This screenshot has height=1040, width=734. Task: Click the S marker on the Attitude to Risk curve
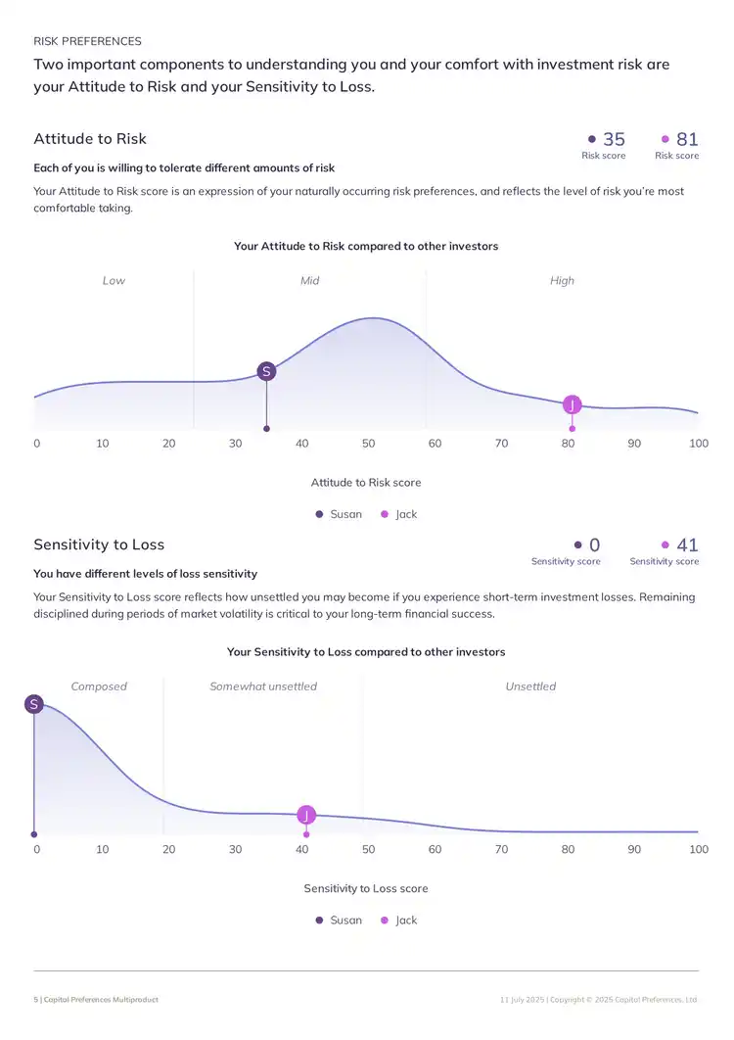pos(266,371)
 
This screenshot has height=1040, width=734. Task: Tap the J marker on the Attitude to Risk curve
pos(573,404)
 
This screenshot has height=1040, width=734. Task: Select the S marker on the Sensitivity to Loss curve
pos(34,704)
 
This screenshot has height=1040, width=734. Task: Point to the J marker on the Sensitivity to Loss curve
pos(306,815)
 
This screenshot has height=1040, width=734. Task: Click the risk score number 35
pos(614,140)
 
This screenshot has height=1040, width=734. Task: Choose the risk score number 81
pos(687,140)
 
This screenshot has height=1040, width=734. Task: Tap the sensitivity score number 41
pos(687,545)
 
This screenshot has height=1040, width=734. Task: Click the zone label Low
pos(114,281)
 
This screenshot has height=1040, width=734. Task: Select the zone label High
pos(562,281)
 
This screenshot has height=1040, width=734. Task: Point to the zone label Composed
pos(99,686)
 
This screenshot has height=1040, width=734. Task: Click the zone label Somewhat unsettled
pos(263,686)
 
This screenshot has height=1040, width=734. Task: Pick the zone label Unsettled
pos(530,686)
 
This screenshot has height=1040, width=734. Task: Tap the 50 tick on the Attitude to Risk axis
pos(368,444)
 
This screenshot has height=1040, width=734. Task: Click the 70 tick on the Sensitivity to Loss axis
pos(501,849)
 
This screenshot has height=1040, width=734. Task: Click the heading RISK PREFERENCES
pos(87,41)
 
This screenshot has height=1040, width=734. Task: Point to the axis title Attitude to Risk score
pos(366,483)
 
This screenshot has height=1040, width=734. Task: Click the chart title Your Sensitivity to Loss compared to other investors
pos(366,652)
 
